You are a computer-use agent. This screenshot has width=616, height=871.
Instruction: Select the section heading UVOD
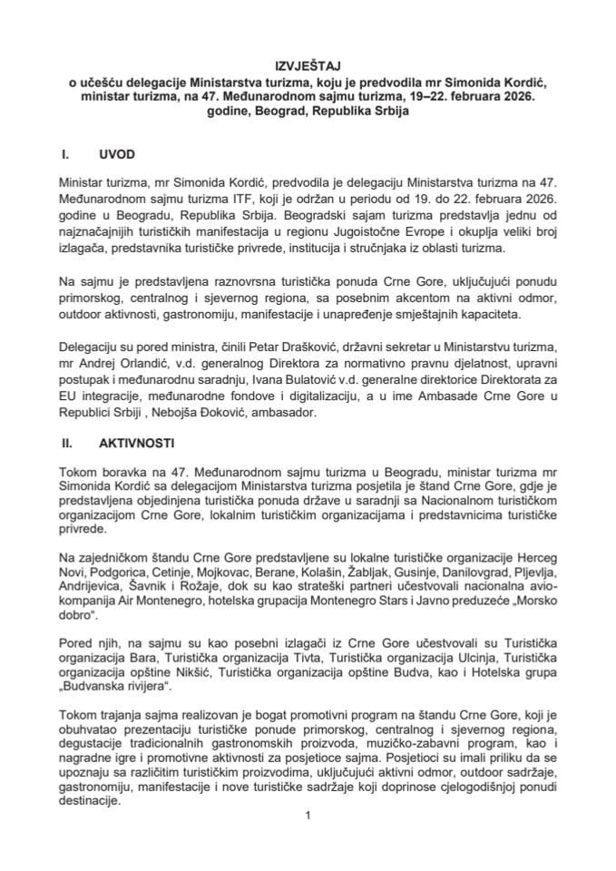pos(117,156)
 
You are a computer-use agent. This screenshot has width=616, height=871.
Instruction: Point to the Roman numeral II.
pos(65,445)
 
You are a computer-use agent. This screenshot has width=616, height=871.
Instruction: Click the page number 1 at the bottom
pos(309,815)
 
